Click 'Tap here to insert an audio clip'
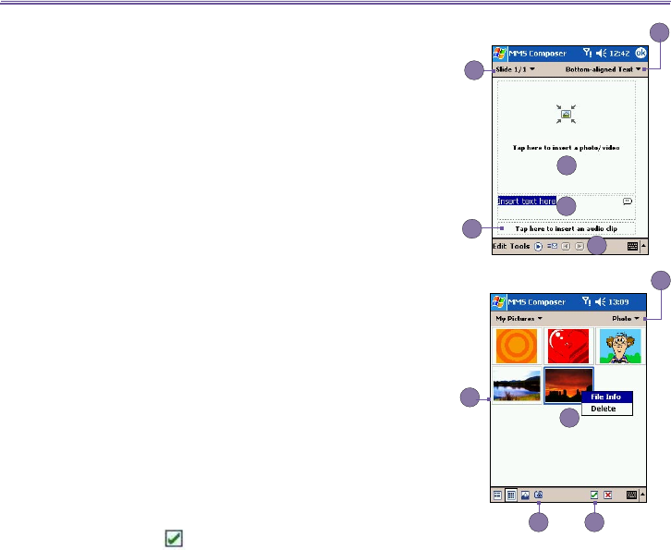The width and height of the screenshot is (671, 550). (567, 228)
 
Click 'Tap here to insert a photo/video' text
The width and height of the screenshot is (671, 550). (567, 148)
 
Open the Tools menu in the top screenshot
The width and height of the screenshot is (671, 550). (520, 247)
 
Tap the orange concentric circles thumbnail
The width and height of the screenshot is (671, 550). (517, 346)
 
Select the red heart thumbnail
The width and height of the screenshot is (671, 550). (567, 346)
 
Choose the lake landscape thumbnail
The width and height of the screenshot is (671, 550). (517, 388)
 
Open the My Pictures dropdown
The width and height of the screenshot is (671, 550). (517, 318)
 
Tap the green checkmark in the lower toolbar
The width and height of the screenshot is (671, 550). (594, 495)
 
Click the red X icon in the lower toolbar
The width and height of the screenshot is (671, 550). (607, 495)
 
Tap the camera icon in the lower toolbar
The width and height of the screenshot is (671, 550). (538, 495)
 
